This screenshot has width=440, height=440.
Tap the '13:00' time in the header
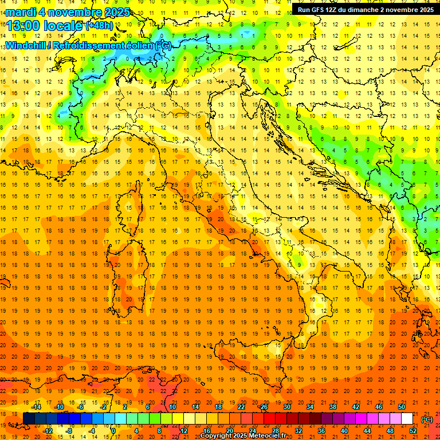pyautogui.click(x=25, y=25)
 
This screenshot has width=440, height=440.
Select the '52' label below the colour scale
pyautogui.click(x=413, y=431)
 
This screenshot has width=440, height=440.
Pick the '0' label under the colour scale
pyautogui.click(x=113, y=431)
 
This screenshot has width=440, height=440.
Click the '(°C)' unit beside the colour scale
pyautogui.click(x=427, y=419)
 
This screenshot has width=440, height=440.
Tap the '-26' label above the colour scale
pyautogui.click(x=263, y=407)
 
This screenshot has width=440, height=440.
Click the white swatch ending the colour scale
pyautogui.click(x=407, y=419)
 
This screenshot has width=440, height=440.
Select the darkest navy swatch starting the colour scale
pyautogui.click(x=29, y=419)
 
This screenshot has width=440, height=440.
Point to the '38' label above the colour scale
pyautogui.click(x=333, y=407)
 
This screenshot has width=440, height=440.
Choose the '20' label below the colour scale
pyautogui.click(x=229, y=431)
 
